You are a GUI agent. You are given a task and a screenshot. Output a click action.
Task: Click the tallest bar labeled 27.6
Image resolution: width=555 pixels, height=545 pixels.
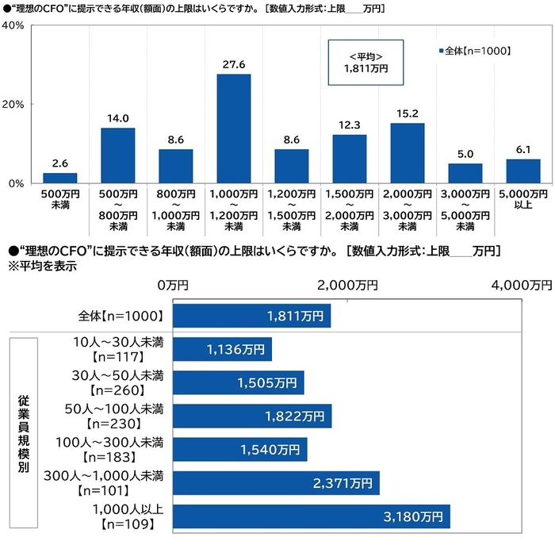click(233, 129)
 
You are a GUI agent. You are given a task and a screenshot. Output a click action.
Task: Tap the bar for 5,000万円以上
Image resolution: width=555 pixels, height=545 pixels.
click(522, 171)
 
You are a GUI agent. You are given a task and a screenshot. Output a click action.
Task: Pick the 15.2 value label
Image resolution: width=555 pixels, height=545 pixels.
click(407, 112)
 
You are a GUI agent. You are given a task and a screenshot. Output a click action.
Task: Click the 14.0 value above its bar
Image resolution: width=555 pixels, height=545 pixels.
click(117, 117)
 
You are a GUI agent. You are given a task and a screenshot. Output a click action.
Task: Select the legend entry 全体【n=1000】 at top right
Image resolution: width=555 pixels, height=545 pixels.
click(473, 51)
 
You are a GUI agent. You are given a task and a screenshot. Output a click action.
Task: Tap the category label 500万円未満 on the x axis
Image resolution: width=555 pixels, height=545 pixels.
click(59, 199)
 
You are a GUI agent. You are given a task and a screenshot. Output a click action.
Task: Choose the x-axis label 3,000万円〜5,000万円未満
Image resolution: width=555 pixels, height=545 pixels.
click(465, 209)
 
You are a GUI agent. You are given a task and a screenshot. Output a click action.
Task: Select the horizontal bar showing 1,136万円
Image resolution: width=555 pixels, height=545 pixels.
click(223, 350)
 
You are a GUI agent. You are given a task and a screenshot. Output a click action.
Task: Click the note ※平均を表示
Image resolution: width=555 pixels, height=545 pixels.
click(42, 267)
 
